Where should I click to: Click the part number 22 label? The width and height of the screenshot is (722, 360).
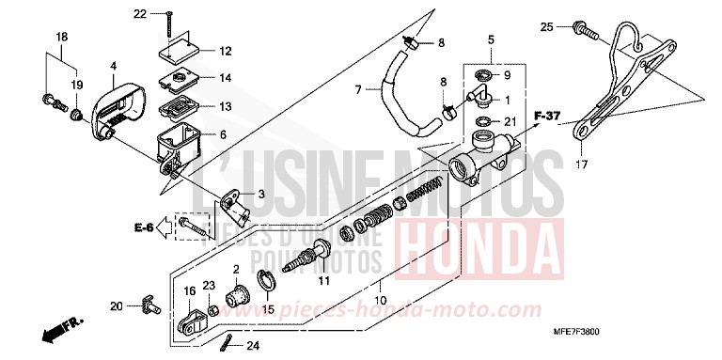click(139, 13)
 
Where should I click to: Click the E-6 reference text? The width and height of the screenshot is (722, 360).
click(143, 227)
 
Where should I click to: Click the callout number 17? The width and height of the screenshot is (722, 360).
click(581, 165)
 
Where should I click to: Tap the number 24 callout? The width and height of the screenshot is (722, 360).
click(252, 346)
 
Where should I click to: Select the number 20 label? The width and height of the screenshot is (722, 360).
click(117, 305)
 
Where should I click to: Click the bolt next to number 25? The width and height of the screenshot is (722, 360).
click(589, 33)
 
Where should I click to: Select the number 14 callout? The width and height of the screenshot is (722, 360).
click(224, 77)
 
